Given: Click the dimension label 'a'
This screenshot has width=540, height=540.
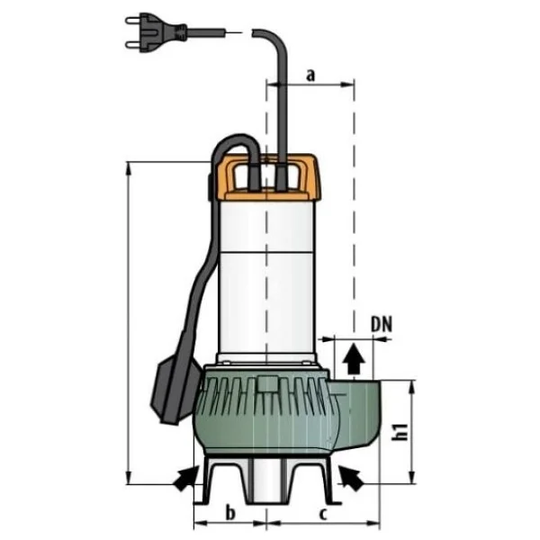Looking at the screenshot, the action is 310,75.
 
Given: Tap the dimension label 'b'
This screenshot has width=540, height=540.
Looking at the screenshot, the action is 230,512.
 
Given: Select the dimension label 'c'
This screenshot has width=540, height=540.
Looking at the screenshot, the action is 323,514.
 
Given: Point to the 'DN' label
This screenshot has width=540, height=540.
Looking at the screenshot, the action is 382,324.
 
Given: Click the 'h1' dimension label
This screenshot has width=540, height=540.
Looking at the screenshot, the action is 400,432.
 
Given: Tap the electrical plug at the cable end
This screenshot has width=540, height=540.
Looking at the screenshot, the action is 157,32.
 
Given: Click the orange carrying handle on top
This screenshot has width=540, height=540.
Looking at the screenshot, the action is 267,177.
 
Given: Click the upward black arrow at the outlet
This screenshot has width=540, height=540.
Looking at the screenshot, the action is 354,358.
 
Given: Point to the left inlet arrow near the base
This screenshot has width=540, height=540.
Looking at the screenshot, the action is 186,479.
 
